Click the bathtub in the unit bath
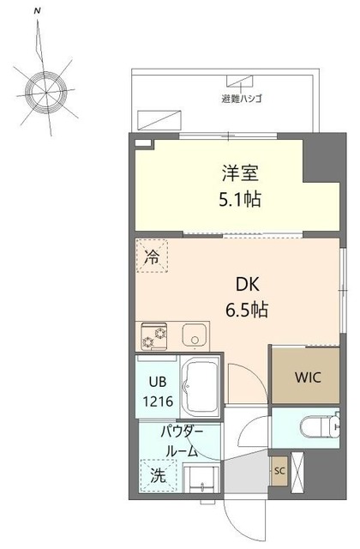(x=201, y=383)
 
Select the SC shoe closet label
(x=279, y=471)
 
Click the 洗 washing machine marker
(x=159, y=474)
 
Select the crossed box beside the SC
(x=299, y=472)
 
